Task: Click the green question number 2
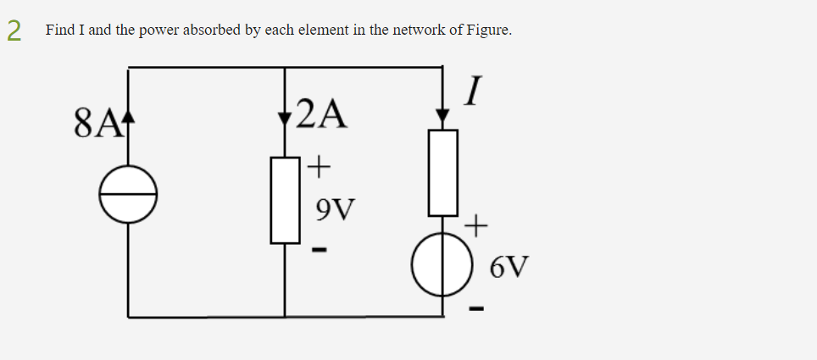[14, 30]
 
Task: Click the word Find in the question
[60, 30]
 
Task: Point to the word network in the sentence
[415, 30]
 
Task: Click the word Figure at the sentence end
[486, 30]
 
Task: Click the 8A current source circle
[128, 194]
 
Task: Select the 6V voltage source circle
[442, 265]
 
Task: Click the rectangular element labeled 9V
[285, 200]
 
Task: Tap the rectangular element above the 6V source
[442, 173]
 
